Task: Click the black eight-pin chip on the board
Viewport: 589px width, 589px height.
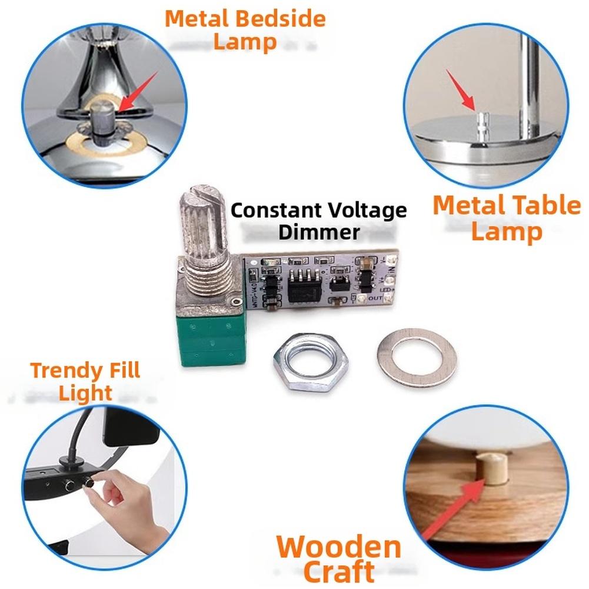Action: coord(305,285)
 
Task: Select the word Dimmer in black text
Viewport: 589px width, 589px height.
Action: coord(318,231)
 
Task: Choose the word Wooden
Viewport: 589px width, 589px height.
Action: coord(338,547)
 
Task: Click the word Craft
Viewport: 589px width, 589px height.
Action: coord(339,571)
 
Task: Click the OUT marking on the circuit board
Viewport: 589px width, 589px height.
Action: coord(375,298)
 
